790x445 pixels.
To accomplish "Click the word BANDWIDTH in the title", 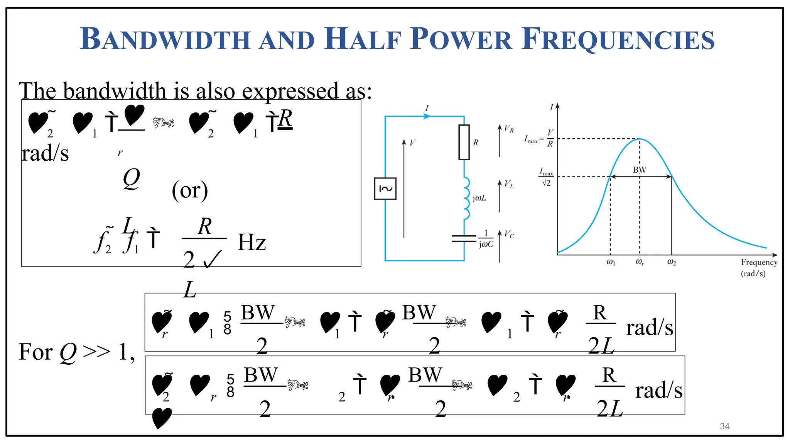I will point(165,39).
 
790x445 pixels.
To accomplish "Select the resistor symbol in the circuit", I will point(464,142).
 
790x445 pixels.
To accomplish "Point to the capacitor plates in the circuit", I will point(464,238).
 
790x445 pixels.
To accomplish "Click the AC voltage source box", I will point(385,189).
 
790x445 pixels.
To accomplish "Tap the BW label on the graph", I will point(639,170).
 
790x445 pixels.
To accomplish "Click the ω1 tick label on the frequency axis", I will point(611,262).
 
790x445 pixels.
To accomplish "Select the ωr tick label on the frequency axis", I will point(640,262).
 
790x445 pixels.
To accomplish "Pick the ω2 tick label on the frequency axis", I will point(672,262).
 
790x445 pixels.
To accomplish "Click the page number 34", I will point(724,426).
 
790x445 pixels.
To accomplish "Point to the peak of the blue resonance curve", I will point(640,139).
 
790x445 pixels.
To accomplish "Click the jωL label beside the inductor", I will point(479,198).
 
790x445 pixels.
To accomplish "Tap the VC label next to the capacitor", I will point(509,234).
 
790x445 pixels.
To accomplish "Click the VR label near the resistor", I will point(509,129).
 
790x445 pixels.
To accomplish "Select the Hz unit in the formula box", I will point(252,243).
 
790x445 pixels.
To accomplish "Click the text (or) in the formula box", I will point(190,190).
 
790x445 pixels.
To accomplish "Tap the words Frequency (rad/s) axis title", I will point(759,268).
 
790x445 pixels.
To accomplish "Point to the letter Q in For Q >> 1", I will point(68,352).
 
